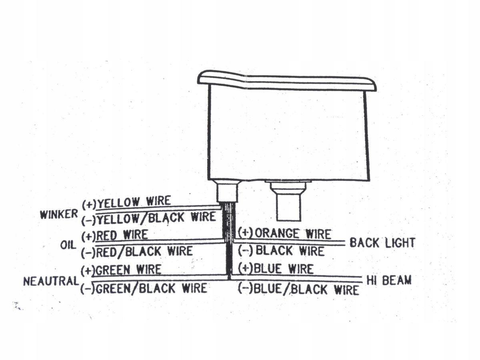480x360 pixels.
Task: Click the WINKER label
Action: (x=58, y=214)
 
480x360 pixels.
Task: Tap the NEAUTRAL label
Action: (x=50, y=281)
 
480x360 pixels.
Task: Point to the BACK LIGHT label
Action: (x=382, y=243)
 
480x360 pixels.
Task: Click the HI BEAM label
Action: (x=389, y=280)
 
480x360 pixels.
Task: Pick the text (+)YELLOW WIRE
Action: (x=126, y=202)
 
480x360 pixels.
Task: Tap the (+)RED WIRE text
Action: (x=115, y=235)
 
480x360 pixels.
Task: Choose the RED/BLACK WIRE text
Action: (x=137, y=252)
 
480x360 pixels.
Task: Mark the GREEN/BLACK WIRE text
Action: (x=144, y=288)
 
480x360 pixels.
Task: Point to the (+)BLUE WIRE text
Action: (x=276, y=269)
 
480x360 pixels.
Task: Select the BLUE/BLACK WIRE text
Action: (x=298, y=289)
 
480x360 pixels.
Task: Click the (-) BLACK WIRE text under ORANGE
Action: (x=281, y=251)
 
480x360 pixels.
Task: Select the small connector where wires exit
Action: (x=227, y=191)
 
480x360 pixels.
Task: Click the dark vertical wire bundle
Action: (x=228, y=240)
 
